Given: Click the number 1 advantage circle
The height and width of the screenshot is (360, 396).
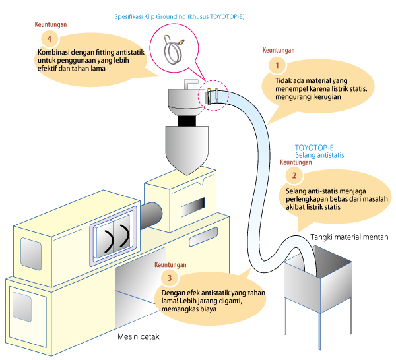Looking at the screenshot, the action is point(277,65).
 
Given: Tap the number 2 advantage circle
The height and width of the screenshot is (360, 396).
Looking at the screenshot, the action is point(294,175).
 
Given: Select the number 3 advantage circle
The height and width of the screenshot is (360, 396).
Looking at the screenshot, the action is point(170,278).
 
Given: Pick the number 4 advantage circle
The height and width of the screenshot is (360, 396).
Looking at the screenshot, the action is point(49,39).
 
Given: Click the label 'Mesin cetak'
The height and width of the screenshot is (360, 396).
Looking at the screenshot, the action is point(139,336).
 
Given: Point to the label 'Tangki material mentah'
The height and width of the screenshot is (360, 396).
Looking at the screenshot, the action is point(349,237).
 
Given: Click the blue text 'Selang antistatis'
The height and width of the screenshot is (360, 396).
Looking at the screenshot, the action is point(319,155).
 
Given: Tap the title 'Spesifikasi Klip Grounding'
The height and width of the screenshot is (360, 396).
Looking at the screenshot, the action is point(150,16).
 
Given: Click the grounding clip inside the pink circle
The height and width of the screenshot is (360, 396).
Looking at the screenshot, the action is point(174,49).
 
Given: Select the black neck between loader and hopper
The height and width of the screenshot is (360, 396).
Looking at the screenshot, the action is point(187,121).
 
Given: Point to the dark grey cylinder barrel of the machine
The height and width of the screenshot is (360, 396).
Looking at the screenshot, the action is point(151,215).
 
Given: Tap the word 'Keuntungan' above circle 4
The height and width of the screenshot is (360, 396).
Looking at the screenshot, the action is point(51,24).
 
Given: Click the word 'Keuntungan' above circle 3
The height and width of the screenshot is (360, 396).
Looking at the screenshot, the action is point(170,264).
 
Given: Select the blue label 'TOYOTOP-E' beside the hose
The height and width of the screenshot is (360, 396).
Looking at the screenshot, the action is point(314,148).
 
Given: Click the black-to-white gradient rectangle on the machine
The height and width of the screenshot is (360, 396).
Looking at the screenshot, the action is point(193,207).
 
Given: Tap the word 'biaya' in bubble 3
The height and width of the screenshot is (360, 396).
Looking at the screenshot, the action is point(208,309).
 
